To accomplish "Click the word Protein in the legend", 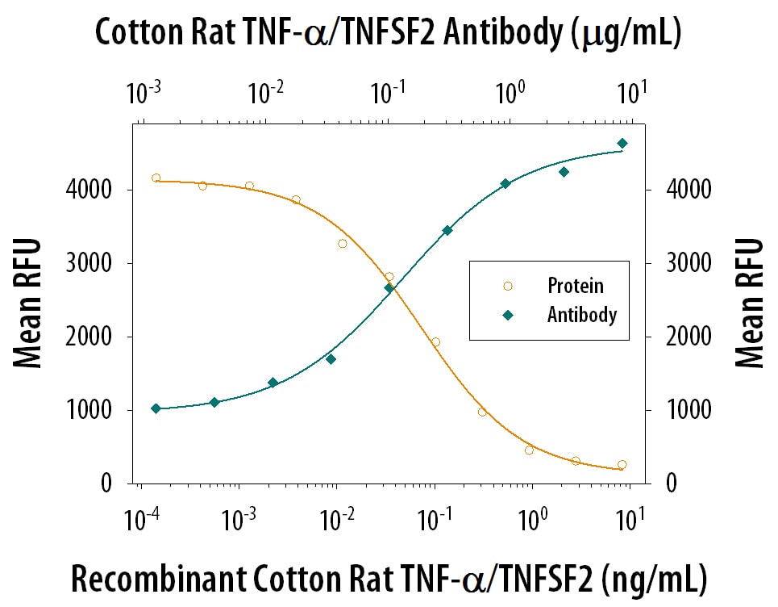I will point(575,285).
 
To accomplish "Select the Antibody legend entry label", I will point(581,314).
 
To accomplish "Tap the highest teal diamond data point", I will point(622,144).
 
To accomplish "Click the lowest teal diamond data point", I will point(156,408).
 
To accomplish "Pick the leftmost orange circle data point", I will point(156,178).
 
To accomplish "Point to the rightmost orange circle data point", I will point(622,464).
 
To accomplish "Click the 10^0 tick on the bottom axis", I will point(530,517).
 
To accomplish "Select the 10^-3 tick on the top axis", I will point(145,94).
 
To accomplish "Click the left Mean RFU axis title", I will point(28,303).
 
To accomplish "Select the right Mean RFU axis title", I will point(750,303).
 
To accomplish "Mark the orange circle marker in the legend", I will point(507,286).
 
